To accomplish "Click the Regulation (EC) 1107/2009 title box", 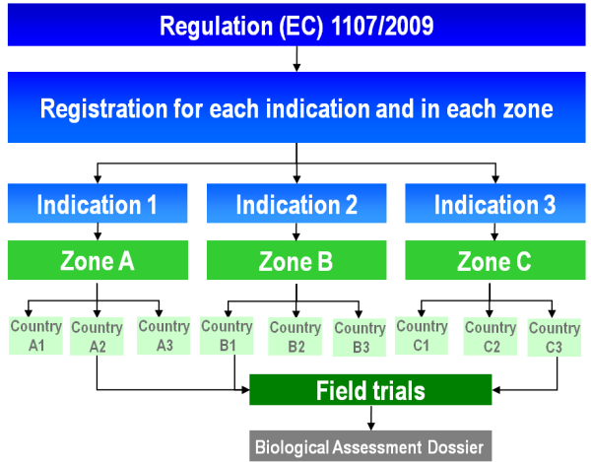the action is click(x=296, y=25).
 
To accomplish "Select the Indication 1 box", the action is click(x=98, y=203).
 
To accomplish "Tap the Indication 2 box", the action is click(x=296, y=203).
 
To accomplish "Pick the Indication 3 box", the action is click(x=495, y=203).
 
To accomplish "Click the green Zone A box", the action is click(x=98, y=260).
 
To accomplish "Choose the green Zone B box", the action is click(x=296, y=260).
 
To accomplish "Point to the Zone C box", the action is click(x=495, y=260).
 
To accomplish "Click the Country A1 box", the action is click(x=35, y=336).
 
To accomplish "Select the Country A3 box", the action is click(x=164, y=336).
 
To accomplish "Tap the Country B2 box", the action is click(x=295, y=337).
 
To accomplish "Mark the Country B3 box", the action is click(x=360, y=338).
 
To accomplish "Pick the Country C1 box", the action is click(x=422, y=336).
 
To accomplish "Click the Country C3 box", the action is click(x=554, y=338).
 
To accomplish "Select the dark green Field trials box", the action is click(x=370, y=390).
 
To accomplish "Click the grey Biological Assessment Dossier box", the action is click(x=370, y=446).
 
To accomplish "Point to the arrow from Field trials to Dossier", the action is click(x=371, y=418).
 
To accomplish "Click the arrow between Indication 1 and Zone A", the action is click(x=98, y=231).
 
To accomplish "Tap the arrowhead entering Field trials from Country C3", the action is click(x=496, y=390).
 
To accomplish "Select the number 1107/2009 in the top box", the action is click(x=382, y=26).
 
